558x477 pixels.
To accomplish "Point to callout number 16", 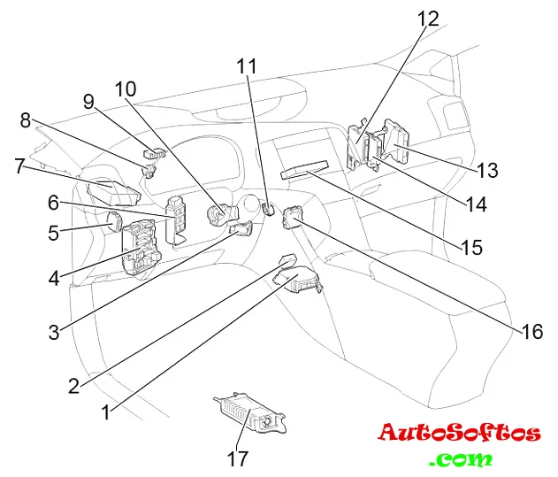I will (531, 332).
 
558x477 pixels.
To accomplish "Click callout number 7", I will (19, 165).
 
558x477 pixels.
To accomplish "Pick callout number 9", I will (88, 102).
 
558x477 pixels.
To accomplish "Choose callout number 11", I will (247, 65).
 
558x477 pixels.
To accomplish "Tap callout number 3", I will (54, 332).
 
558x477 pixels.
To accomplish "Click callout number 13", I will (487, 169).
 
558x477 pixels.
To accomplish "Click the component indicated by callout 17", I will (248, 413).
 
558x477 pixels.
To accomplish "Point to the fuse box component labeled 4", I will (139, 250).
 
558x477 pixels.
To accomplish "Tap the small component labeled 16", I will (292, 215).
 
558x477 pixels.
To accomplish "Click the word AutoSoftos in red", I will (459, 433).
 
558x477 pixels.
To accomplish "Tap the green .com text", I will (460, 459).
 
